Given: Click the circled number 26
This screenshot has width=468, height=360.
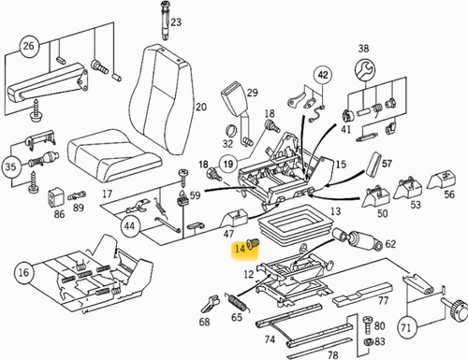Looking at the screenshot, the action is coord(29,46).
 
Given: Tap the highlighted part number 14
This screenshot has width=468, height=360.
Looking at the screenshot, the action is coord(241,249).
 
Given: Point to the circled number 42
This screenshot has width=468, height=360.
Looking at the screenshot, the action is coord(323,75).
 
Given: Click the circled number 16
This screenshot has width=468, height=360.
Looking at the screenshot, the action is coord(24,273).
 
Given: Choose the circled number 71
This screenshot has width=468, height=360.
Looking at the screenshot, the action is coord(406,327).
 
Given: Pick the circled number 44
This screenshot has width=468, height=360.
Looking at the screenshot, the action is coord(130,224).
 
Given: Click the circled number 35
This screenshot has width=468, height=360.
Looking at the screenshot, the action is coord(11,166).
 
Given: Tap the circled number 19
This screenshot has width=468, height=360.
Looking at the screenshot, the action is coord(228,165).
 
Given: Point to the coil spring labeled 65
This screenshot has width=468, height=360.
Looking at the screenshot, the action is coord(239,302).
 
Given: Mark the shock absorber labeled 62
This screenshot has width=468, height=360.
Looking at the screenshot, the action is coord(358,239).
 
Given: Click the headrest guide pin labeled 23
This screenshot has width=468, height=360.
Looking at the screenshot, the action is coord(165,21).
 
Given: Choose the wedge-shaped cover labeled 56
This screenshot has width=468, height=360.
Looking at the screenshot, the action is coord(441,179).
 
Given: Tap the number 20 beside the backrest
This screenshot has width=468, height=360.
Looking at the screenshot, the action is coord(201,108).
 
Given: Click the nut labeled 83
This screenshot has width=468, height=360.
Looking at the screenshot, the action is coord(368,342).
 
